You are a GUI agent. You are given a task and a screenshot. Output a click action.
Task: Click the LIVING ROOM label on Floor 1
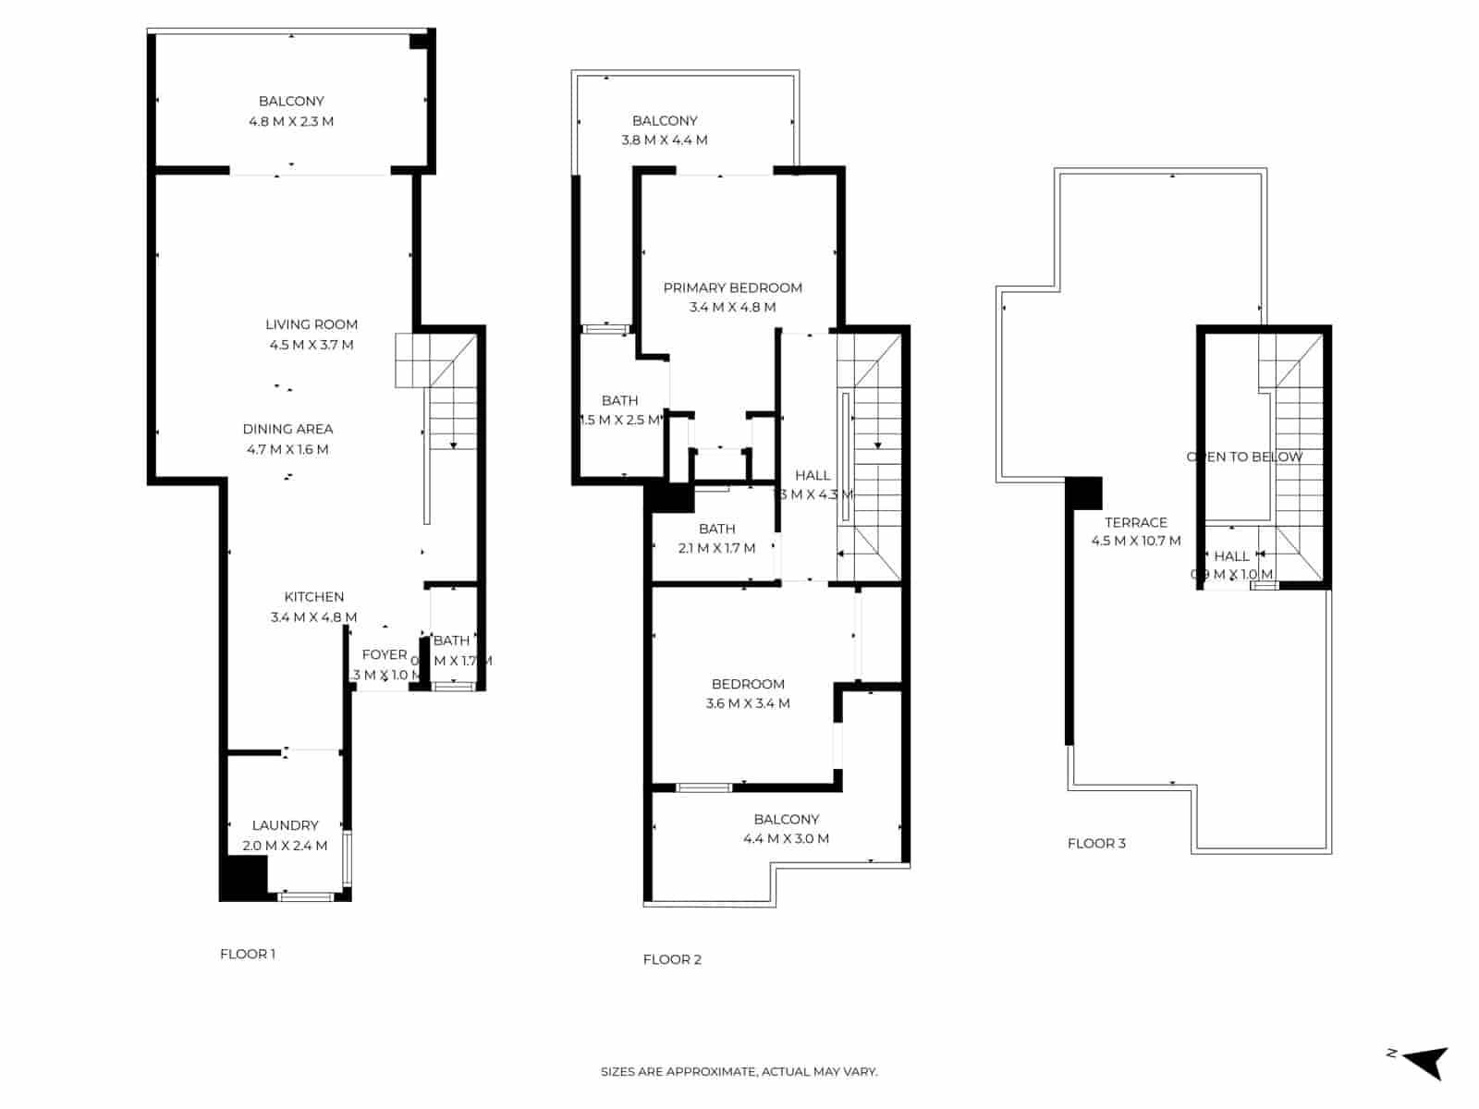tap(312, 324)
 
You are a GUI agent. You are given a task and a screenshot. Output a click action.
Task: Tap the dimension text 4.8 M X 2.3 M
tap(291, 121)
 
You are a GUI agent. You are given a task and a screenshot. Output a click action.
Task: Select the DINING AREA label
tap(287, 429)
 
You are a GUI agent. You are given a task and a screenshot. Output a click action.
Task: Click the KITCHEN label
tap(314, 597)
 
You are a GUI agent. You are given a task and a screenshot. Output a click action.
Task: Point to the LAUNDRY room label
tap(285, 825)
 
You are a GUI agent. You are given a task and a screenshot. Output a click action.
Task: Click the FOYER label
tap(385, 654)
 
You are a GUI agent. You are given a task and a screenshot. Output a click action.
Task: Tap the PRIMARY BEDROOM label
tap(732, 287)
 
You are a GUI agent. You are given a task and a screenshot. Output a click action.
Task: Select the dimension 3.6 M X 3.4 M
tap(748, 703)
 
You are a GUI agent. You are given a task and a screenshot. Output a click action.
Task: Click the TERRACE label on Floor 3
tap(1136, 522)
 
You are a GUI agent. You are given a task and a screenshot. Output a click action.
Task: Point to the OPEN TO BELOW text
tap(1244, 457)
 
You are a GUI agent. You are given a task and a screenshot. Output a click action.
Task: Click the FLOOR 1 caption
tap(248, 954)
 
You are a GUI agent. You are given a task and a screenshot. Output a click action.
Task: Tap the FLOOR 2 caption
tap(672, 959)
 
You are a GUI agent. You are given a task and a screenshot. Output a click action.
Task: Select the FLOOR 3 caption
tap(1096, 843)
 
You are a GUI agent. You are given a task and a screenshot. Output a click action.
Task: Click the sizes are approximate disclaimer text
tap(739, 1072)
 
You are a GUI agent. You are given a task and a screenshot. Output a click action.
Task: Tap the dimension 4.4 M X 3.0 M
tap(786, 839)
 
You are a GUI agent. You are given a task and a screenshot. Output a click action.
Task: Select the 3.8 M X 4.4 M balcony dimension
tap(665, 140)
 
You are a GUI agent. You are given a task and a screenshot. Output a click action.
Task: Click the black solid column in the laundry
tap(243, 876)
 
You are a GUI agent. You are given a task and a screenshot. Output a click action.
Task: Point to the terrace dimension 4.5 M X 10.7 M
tap(1136, 542)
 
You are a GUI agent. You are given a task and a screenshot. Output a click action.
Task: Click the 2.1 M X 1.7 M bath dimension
tap(716, 548)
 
